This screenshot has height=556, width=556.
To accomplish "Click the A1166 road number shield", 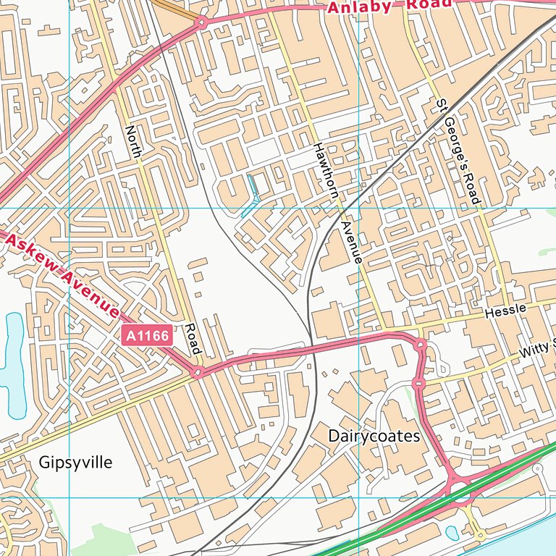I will (147, 335).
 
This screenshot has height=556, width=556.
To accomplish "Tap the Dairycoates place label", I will (374, 436).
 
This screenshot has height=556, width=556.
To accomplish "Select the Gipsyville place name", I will (76, 462).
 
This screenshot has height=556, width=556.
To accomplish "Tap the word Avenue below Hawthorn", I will (351, 242).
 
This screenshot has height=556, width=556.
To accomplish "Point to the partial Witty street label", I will (536, 350).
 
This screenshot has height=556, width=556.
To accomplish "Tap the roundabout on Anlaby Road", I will (201, 23).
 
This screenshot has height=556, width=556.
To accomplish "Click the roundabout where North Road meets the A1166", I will (197, 374).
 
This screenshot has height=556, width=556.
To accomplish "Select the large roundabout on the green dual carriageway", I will (461, 488).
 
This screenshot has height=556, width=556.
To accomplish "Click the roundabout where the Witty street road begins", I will (418, 382).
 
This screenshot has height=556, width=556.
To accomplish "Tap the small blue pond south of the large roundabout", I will (452, 533).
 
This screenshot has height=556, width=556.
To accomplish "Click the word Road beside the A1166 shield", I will (192, 339).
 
